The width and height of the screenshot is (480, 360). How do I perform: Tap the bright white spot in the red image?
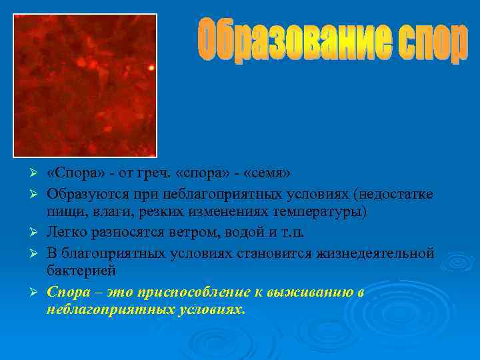pyautogui.click(x=151, y=67)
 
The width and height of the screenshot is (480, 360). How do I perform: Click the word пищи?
pyautogui.click(x=63, y=213)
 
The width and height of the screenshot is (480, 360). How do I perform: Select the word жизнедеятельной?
pyautogui.click(x=375, y=253)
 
